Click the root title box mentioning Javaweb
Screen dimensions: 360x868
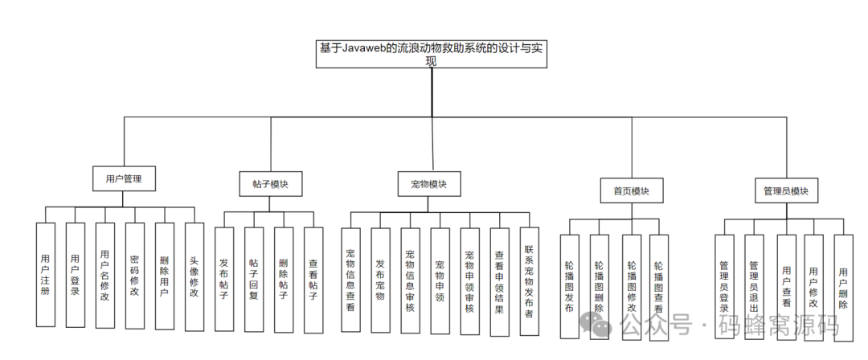click(430, 55)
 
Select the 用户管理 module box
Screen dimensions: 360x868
click(123, 178)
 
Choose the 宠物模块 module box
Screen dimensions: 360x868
click(429, 184)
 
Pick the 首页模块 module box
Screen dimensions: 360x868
click(631, 191)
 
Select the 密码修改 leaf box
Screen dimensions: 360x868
click(134, 275)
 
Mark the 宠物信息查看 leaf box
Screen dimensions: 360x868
click(350, 280)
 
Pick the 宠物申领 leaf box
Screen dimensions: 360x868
click(440, 280)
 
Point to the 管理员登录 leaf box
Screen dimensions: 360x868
click(724, 286)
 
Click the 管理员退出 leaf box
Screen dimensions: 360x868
click(753, 286)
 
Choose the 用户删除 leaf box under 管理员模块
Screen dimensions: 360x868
click(842, 288)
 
